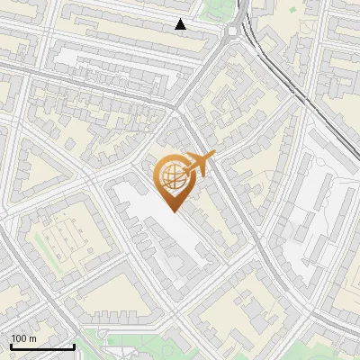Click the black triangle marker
(x=181, y=24)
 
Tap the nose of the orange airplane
(x=214, y=156)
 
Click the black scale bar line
(x=41, y=346)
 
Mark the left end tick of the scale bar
(x=10, y=345)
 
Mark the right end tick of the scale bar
(x=73, y=345)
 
